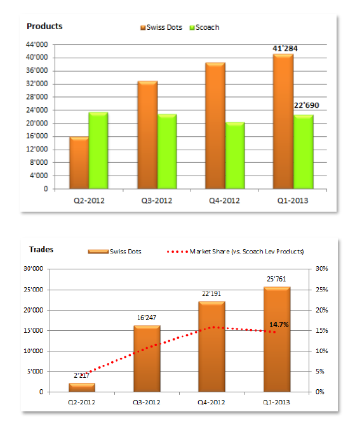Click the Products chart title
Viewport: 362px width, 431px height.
tap(44, 27)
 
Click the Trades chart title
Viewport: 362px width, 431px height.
tap(41, 250)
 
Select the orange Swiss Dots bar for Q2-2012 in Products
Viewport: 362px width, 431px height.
tap(79, 163)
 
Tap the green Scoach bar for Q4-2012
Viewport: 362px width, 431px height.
tap(235, 155)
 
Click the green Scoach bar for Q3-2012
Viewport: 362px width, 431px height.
tap(167, 151)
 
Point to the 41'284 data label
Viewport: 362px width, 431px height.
tap(285, 48)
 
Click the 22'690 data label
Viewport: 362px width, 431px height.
tap(306, 105)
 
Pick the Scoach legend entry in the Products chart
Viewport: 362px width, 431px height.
tap(204, 27)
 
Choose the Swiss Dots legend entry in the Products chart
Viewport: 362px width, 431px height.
tap(161, 27)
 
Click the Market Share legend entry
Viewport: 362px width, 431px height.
tap(235, 252)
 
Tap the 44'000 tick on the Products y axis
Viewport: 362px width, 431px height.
tap(37, 44)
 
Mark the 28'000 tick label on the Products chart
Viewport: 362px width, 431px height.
tap(37, 97)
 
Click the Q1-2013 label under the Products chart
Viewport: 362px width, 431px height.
tap(293, 201)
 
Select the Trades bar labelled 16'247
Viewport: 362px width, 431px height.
tap(147, 359)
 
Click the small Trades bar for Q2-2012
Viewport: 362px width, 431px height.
tap(82, 387)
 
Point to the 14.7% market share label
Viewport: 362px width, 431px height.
tap(279, 325)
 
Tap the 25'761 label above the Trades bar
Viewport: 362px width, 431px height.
tap(277, 279)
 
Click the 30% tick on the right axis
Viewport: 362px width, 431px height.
tap(322, 269)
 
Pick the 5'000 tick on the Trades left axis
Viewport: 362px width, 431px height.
tap(35, 371)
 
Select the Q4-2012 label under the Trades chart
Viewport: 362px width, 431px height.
tap(211, 402)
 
